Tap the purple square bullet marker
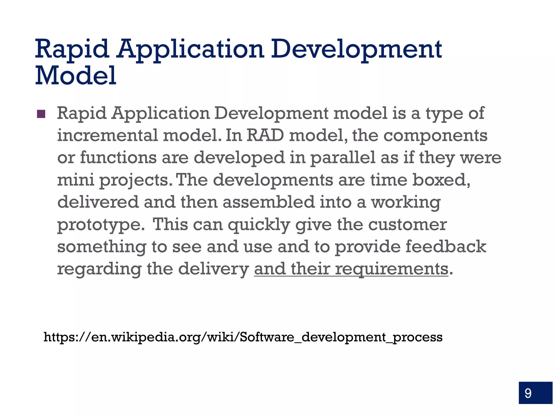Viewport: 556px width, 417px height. click(41, 114)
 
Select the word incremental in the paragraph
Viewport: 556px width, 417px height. click(108, 135)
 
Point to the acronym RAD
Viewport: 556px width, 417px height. click(265, 135)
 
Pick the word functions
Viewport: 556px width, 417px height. click(118, 157)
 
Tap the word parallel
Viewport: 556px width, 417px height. click(343, 158)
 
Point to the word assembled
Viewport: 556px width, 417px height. click(268, 202)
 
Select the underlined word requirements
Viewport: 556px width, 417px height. click(391, 269)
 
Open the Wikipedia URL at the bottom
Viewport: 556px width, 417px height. click(243, 337)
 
